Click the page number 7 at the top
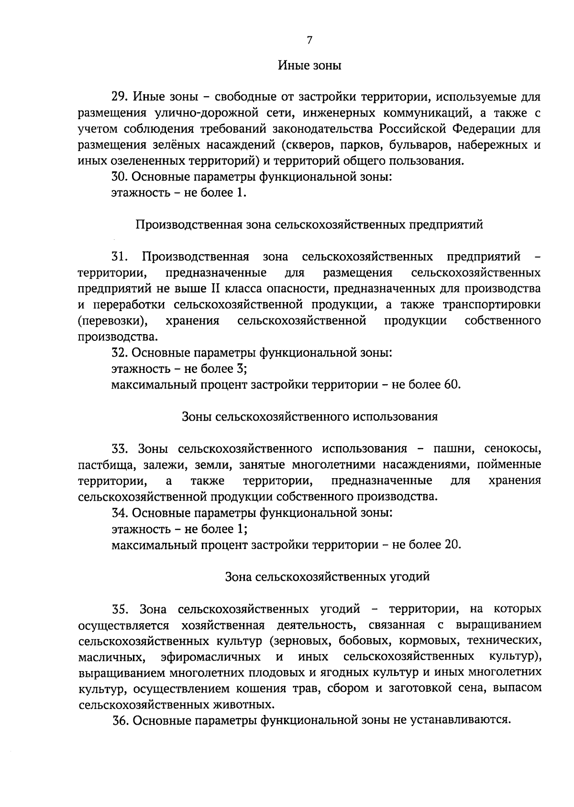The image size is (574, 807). [x=309, y=41]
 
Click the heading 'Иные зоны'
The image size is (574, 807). [x=309, y=66]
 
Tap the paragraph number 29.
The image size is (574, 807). [x=119, y=98]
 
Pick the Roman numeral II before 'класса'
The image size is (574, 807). [x=215, y=289]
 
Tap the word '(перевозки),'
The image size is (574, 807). [x=112, y=321]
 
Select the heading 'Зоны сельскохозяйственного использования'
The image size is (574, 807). [x=309, y=416]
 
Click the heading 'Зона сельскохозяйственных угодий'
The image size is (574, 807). [x=327, y=577]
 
